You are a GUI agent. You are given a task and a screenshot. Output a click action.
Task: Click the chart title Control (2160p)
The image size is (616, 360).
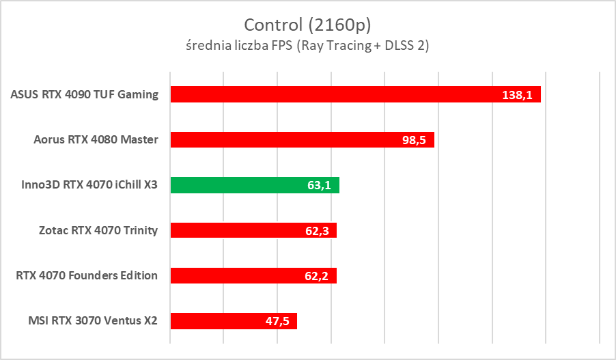click(307, 25)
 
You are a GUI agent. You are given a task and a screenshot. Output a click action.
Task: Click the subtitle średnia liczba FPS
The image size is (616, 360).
click(307, 46)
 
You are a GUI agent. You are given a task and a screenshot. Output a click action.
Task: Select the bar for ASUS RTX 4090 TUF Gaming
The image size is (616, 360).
click(328, 94)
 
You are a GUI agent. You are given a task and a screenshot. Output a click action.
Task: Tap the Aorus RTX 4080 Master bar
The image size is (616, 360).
click(287, 139)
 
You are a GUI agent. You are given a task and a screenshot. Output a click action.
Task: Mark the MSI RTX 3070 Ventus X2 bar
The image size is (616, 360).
click(219, 320)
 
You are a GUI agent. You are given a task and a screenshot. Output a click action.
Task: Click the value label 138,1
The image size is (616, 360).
click(516, 95)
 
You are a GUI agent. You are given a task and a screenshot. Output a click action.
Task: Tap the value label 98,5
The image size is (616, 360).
click(414, 140)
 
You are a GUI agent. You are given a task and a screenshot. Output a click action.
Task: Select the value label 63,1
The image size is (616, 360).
click(319, 185)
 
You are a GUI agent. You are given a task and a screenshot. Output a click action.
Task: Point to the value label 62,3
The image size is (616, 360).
click(316, 231)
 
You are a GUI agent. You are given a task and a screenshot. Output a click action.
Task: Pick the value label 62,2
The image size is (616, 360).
click(316, 276)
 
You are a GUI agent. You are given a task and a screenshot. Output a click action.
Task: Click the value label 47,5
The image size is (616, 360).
click(277, 321)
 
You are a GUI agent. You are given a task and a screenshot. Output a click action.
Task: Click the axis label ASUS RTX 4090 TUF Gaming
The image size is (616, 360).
click(85, 94)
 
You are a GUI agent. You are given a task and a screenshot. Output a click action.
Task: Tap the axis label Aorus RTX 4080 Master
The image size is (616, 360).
click(96, 140)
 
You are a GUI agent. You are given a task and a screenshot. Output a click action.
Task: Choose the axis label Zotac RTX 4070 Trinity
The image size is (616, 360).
click(98, 230)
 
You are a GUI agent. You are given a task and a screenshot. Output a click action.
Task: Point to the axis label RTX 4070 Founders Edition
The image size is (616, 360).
click(87, 275)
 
